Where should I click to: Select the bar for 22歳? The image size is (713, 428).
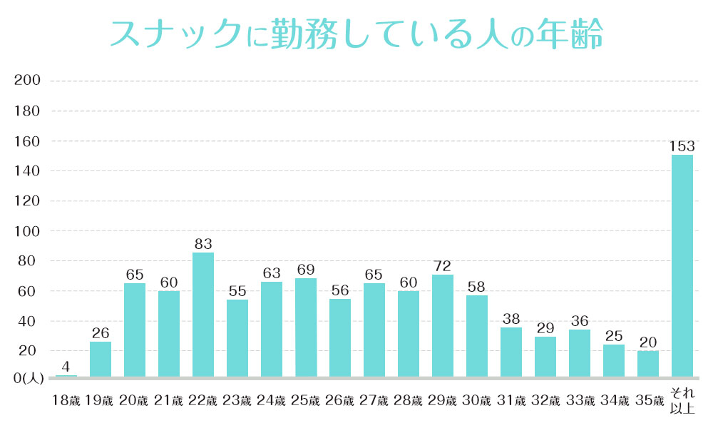[x=203, y=315]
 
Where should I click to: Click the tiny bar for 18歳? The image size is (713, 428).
[x=66, y=375]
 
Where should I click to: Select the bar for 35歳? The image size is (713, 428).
[x=648, y=363]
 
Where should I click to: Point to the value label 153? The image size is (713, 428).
[x=682, y=146]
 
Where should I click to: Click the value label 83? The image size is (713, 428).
[x=203, y=244]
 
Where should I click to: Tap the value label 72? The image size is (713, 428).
[x=443, y=266]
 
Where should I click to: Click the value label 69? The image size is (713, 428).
[x=306, y=270]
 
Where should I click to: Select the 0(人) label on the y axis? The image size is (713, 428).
[x=28, y=379]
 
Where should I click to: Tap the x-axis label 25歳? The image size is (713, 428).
[x=306, y=401]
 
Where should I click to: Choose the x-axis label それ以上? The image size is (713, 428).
[x=682, y=400]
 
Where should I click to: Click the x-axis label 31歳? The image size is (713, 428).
[x=511, y=401]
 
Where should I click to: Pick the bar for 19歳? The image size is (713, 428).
[x=101, y=359]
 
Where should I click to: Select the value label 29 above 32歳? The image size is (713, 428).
[x=545, y=328]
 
